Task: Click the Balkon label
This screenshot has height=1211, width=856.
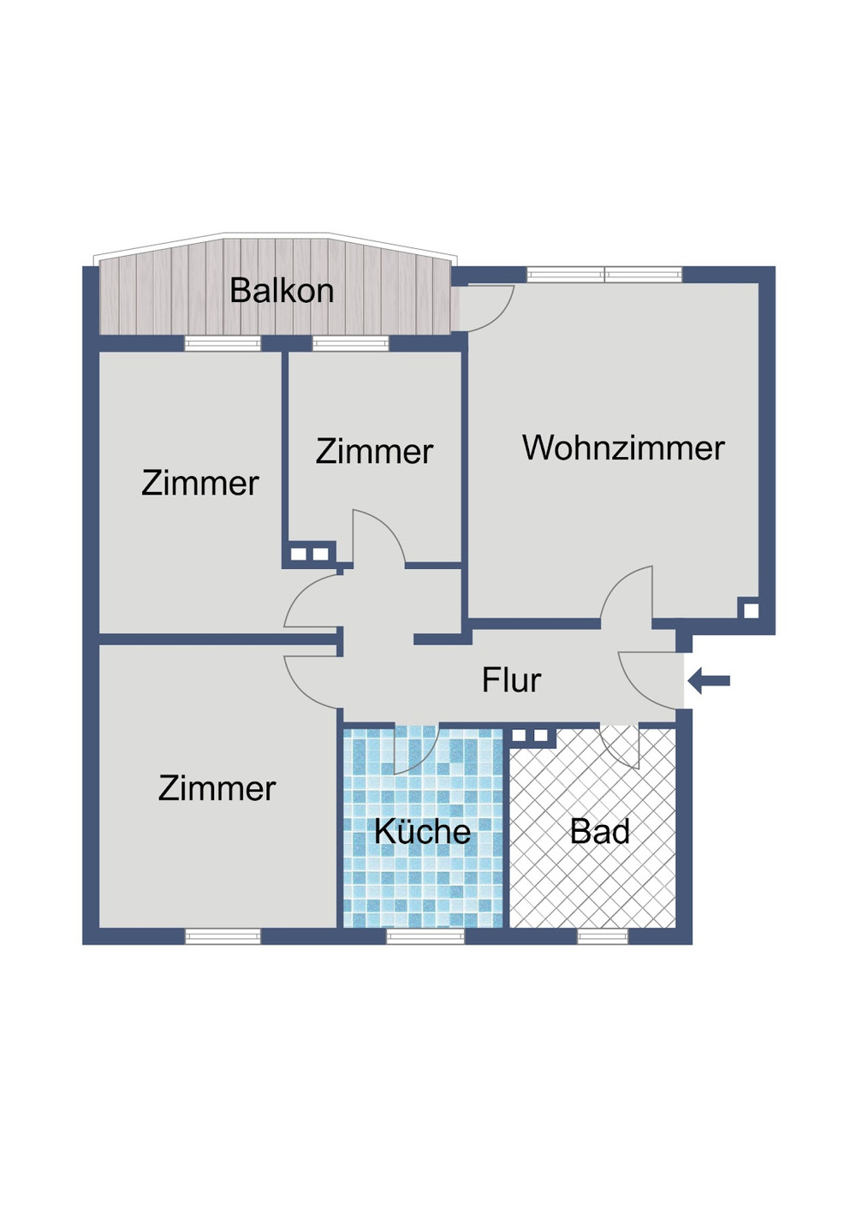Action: tap(281, 291)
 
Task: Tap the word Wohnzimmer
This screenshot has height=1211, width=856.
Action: tap(623, 448)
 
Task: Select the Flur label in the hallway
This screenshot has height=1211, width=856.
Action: tap(511, 680)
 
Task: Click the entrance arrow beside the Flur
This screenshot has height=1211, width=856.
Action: tap(709, 680)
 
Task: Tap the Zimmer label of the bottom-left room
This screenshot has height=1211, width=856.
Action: tap(217, 788)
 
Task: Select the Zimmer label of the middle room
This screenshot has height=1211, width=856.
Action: tap(374, 451)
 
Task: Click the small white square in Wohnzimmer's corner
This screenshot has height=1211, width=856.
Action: tap(751, 610)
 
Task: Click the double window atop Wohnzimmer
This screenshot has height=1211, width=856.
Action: tap(604, 275)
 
